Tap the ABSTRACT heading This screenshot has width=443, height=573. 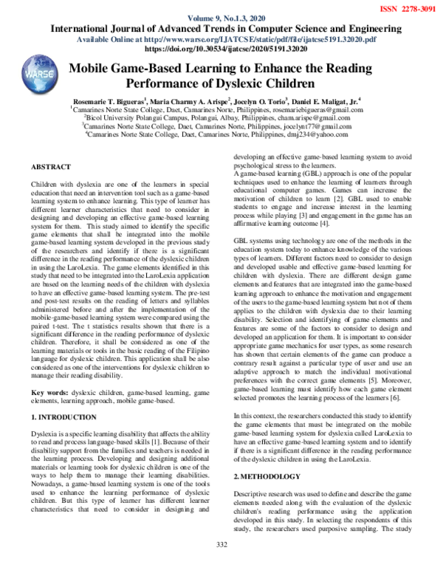point(51,167)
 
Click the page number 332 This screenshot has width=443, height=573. point(220,566)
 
